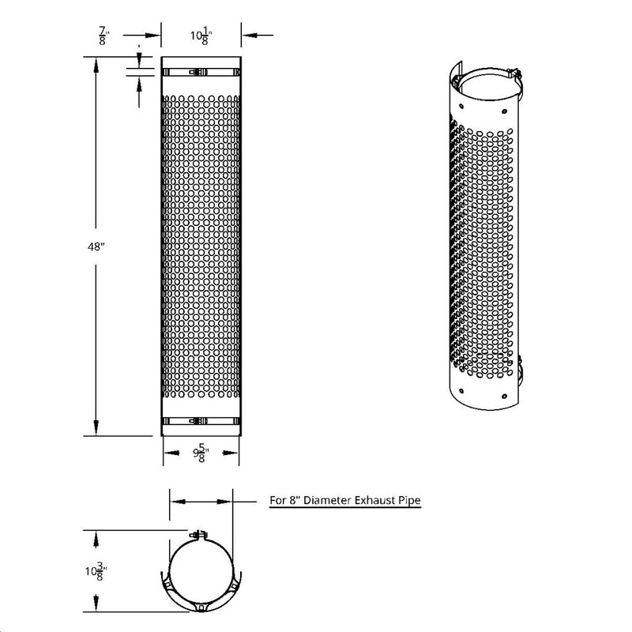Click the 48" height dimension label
point(96,246)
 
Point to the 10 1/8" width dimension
point(201,36)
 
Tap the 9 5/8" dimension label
point(201,453)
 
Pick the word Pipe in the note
point(409,500)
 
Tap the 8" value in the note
point(294,500)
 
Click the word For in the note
point(277,500)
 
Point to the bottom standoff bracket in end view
point(201,608)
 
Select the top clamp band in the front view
point(201,72)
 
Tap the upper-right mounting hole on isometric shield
point(502,102)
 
